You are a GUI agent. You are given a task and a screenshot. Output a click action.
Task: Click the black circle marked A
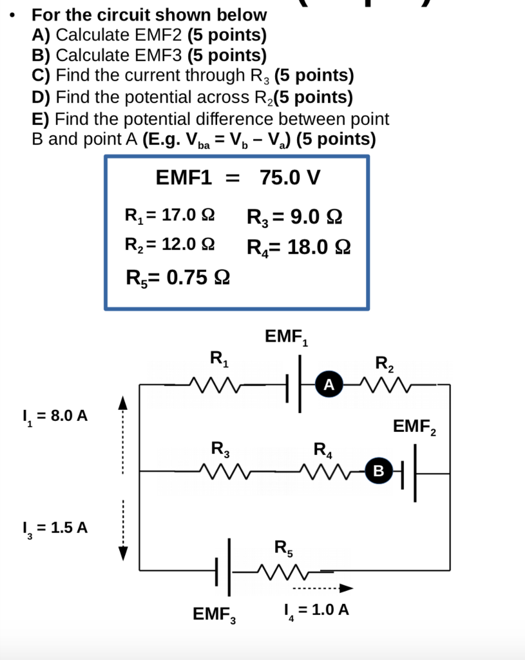pyautogui.click(x=329, y=385)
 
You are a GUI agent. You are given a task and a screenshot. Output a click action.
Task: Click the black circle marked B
pyautogui.click(x=379, y=472)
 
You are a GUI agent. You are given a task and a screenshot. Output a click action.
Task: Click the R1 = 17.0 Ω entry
pyautogui.click(x=170, y=215)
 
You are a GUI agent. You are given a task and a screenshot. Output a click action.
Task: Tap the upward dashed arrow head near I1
pyautogui.click(x=123, y=403)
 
